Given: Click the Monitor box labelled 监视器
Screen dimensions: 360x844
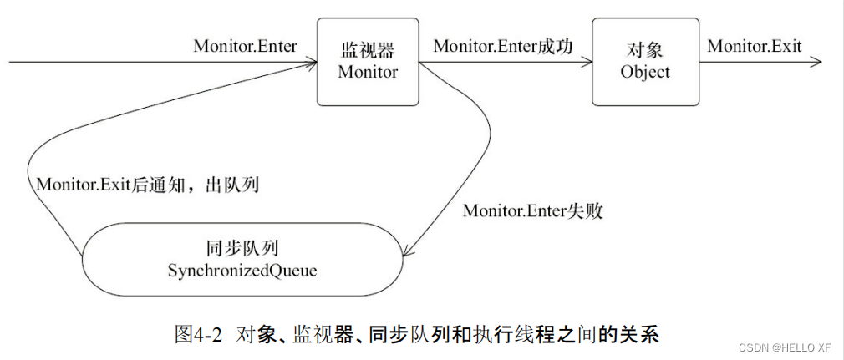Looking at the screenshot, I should [x=368, y=63].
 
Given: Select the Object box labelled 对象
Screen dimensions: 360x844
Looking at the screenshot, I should [x=644, y=63].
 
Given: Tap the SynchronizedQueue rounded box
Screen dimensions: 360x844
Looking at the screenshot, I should [x=243, y=259].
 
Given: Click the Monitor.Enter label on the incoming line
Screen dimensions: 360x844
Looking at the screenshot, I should [x=245, y=46].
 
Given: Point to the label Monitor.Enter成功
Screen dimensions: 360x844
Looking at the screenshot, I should [x=503, y=46].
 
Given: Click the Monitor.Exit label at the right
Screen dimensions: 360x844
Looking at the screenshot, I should [x=754, y=46].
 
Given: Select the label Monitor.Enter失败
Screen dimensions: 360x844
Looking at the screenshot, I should [x=533, y=210].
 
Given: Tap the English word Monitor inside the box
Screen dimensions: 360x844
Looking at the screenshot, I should [x=368, y=72].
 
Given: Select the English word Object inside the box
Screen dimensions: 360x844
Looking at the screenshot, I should [x=644, y=72].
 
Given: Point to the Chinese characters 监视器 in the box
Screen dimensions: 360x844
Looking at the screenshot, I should [x=368, y=52].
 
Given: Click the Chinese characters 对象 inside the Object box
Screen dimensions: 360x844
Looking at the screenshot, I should [x=644, y=52].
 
